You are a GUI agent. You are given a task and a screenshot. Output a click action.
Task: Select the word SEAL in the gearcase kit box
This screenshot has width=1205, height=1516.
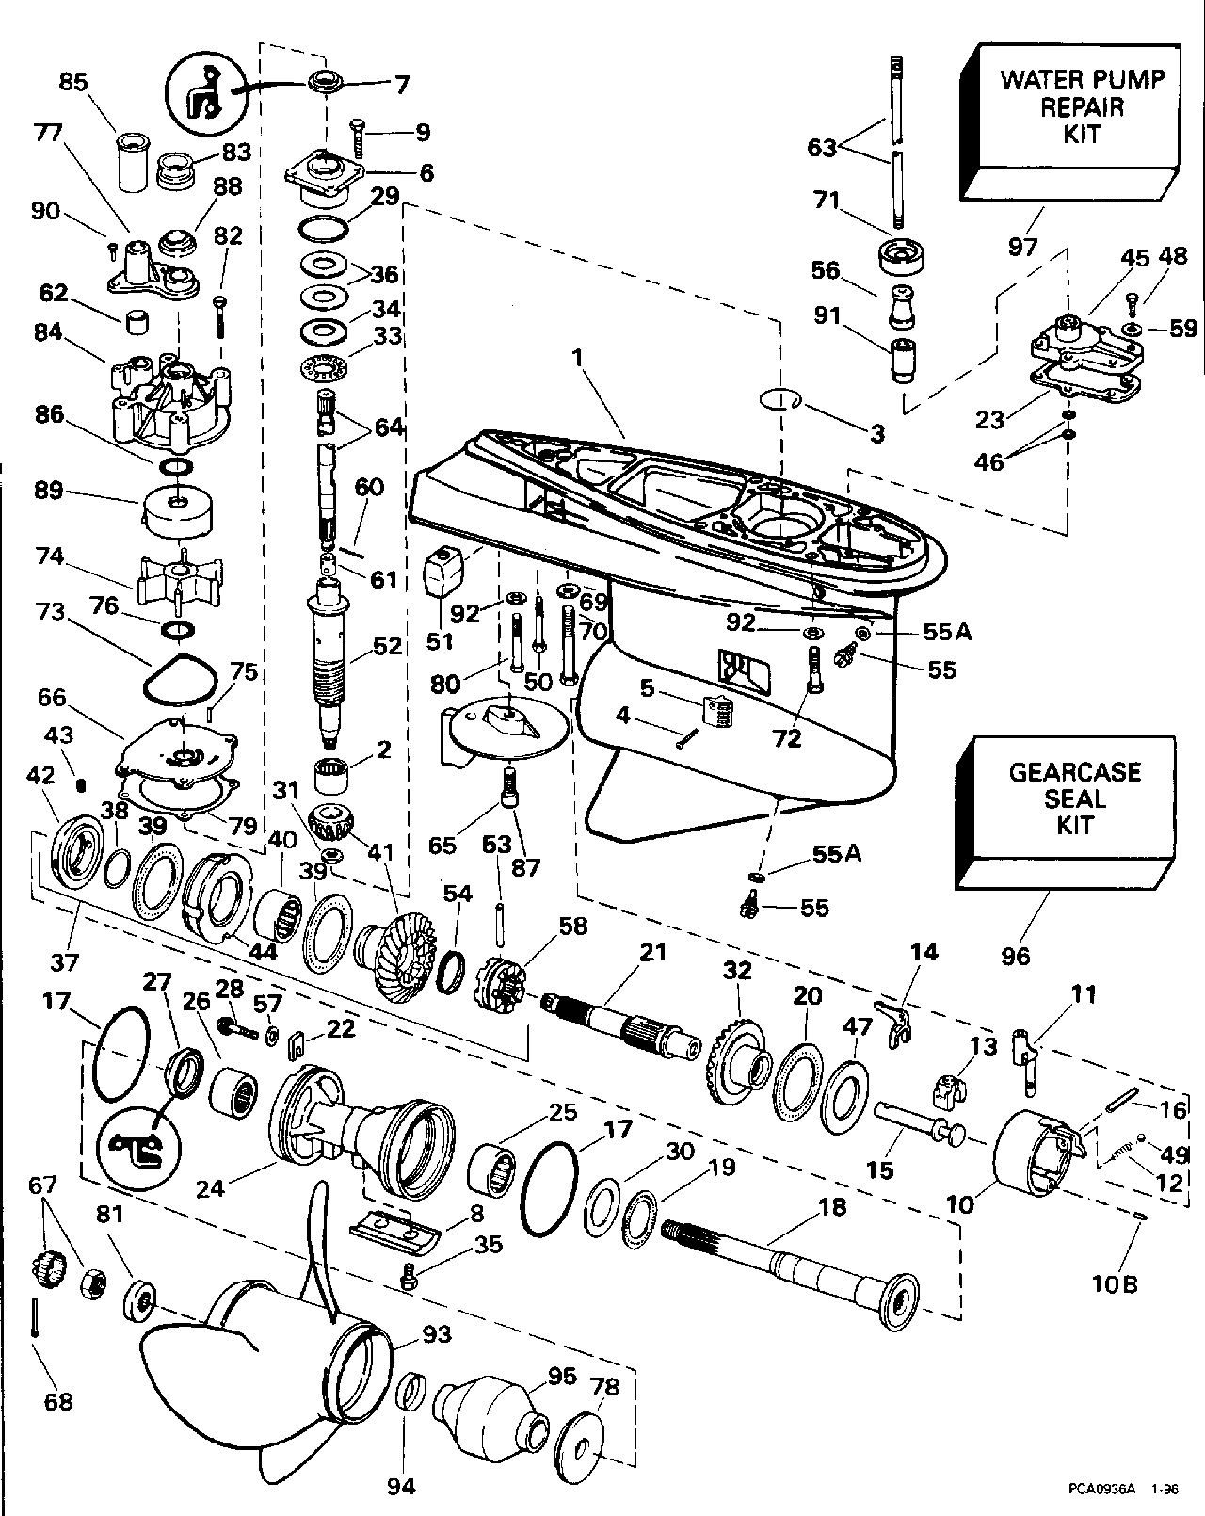[x=1074, y=799]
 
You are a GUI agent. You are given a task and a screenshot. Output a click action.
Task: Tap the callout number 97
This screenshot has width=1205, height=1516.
[x=1023, y=247]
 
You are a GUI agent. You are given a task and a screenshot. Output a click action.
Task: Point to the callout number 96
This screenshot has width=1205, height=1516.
[x=1016, y=956]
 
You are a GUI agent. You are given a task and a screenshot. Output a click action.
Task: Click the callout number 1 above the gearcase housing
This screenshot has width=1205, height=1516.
[x=577, y=359]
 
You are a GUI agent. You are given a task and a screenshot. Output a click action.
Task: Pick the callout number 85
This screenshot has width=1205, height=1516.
[x=73, y=83]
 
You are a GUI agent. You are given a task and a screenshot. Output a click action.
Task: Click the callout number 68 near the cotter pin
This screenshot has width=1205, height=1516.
[x=58, y=1402]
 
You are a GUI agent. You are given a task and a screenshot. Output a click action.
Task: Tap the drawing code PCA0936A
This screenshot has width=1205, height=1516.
[x=1102, y=1489]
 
